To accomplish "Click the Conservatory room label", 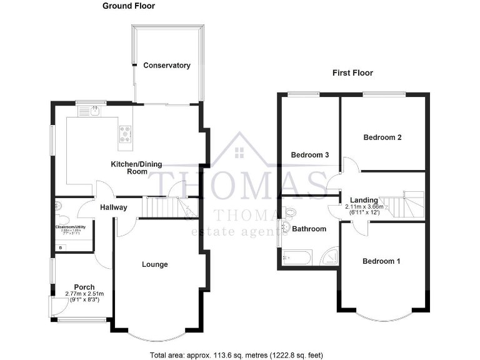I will click(166, 66).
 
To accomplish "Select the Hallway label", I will click(113, 207).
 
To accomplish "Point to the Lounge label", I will click(154, 264).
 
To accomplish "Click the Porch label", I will click(84, 287).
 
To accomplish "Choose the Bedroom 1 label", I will click(381, 261).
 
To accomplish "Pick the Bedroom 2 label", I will click(382, 137).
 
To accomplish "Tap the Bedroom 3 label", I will click(310, 154).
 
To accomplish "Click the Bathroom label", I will click(311, 229).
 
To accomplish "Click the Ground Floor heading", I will click(129, 6).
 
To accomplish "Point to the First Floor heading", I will click(352, 73).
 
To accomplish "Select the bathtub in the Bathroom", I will click(296, 256).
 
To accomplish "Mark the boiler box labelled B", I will click(60, 248).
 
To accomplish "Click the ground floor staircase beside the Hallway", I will click(163, 207).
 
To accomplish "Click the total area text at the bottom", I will click(236, 355).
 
